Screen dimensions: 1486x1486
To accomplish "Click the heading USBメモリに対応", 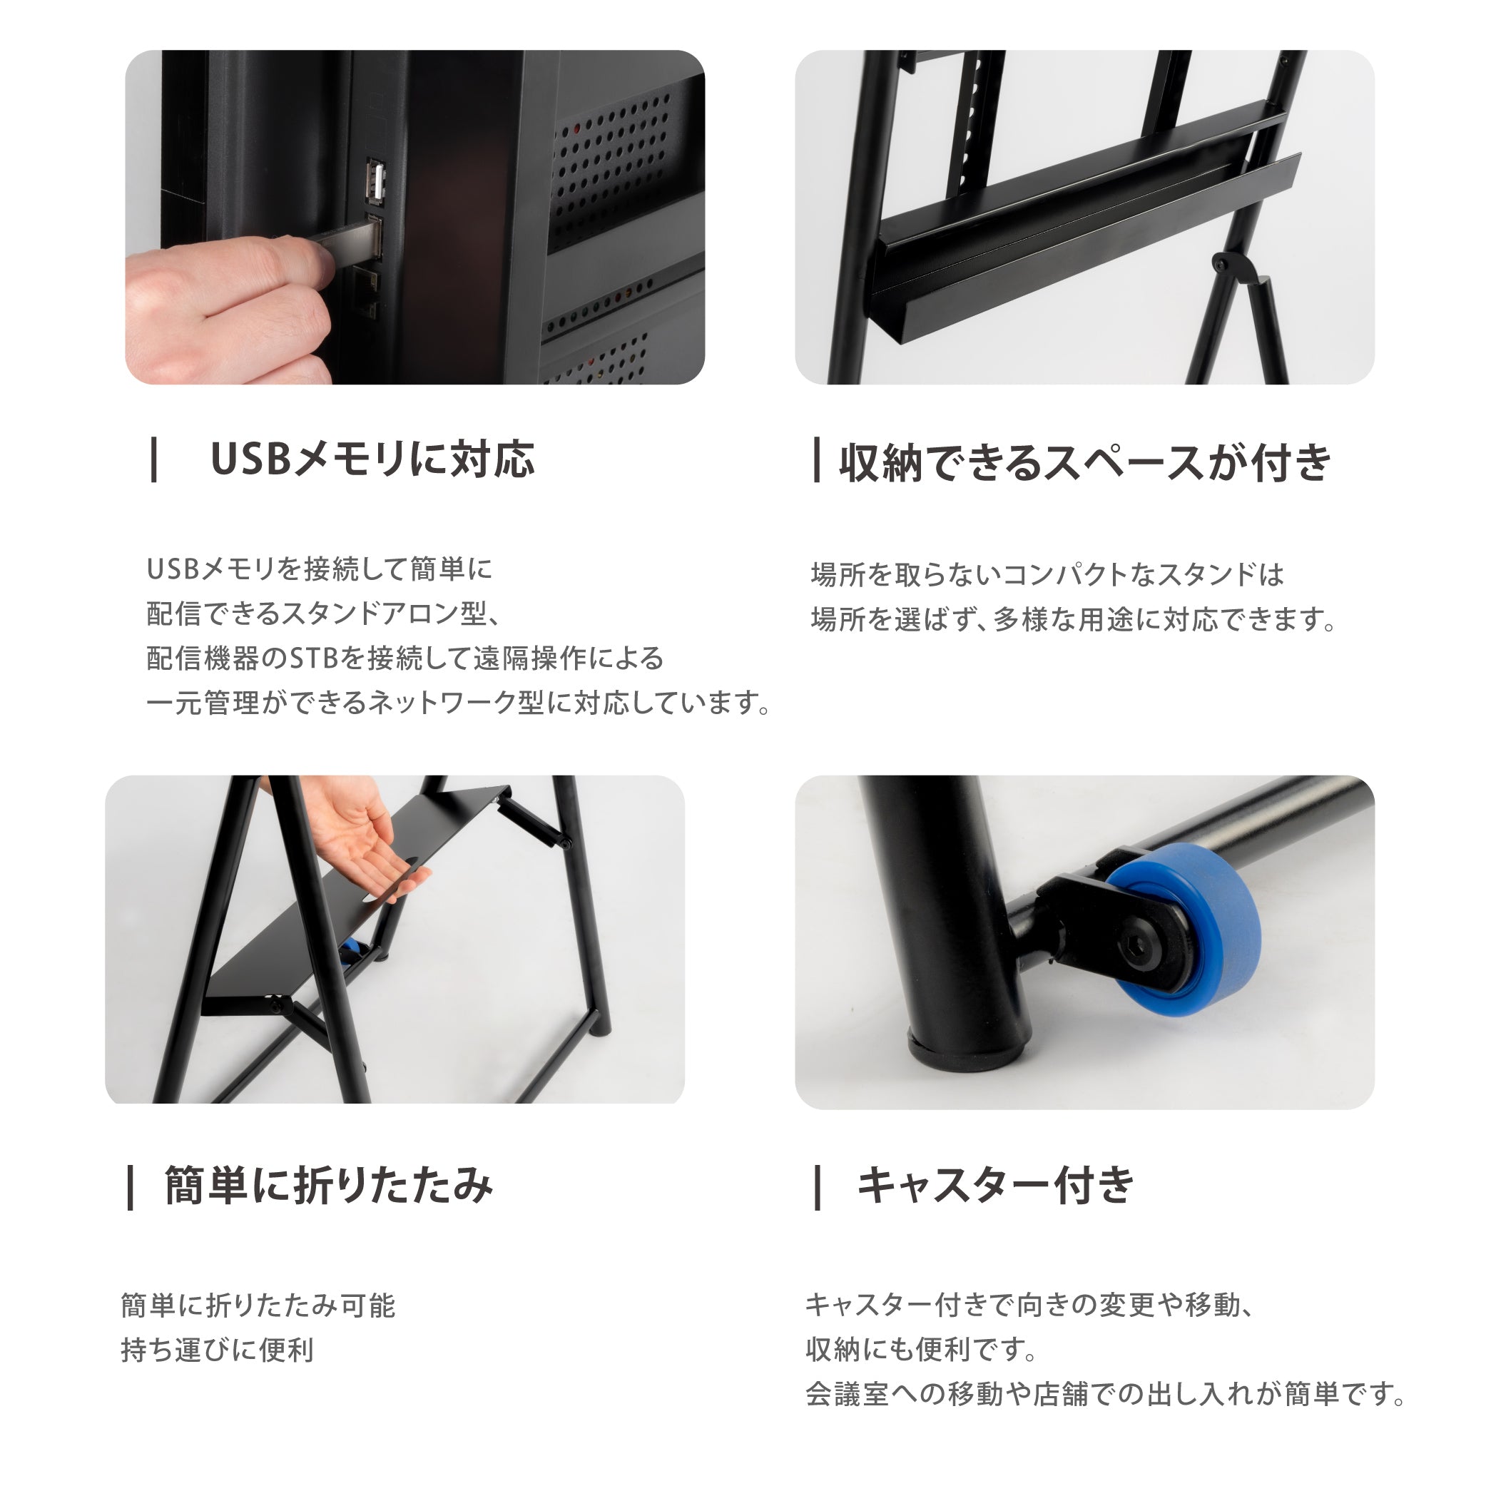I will pyautogui.click(x=372, y=460).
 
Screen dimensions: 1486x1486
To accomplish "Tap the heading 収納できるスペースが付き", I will pyautogui.click(x=1084, y=462).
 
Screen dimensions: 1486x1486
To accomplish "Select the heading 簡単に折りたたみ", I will pyautogui.click(x=328, y=1186).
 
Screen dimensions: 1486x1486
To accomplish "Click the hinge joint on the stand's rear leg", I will pyautogui.click(x=1234, y=265).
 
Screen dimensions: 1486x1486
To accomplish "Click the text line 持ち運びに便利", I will pyautogui.click(x=217, y=1350).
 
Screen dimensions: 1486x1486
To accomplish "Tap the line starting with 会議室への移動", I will pyautogui.click(x=1105, y=1394).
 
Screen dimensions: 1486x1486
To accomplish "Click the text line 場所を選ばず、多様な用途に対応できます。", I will pyautogui.click(x=1074, y=619).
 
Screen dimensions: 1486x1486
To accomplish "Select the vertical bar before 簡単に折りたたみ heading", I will pyautogui.click(x=131, y=1188).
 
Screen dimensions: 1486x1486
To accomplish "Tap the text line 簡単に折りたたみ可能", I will pyautogui.click(x=258, y=1306).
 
